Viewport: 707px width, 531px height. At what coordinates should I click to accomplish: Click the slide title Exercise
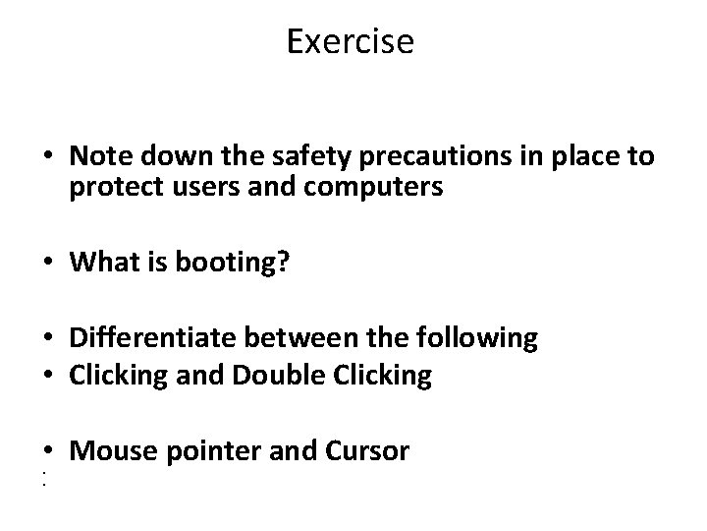point(352,41)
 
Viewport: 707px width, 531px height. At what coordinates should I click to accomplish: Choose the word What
point(105,263)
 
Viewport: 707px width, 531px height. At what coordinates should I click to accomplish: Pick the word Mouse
point(111,451)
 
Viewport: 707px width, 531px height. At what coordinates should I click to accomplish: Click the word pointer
point(211,452)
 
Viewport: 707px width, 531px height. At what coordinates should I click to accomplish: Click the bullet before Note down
point(48,158)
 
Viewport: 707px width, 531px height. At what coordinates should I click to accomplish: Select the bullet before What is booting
point(48,265)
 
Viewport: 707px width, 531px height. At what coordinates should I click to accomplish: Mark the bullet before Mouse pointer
point(48,453)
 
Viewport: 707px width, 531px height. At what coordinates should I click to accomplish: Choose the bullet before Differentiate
point(48,340)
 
